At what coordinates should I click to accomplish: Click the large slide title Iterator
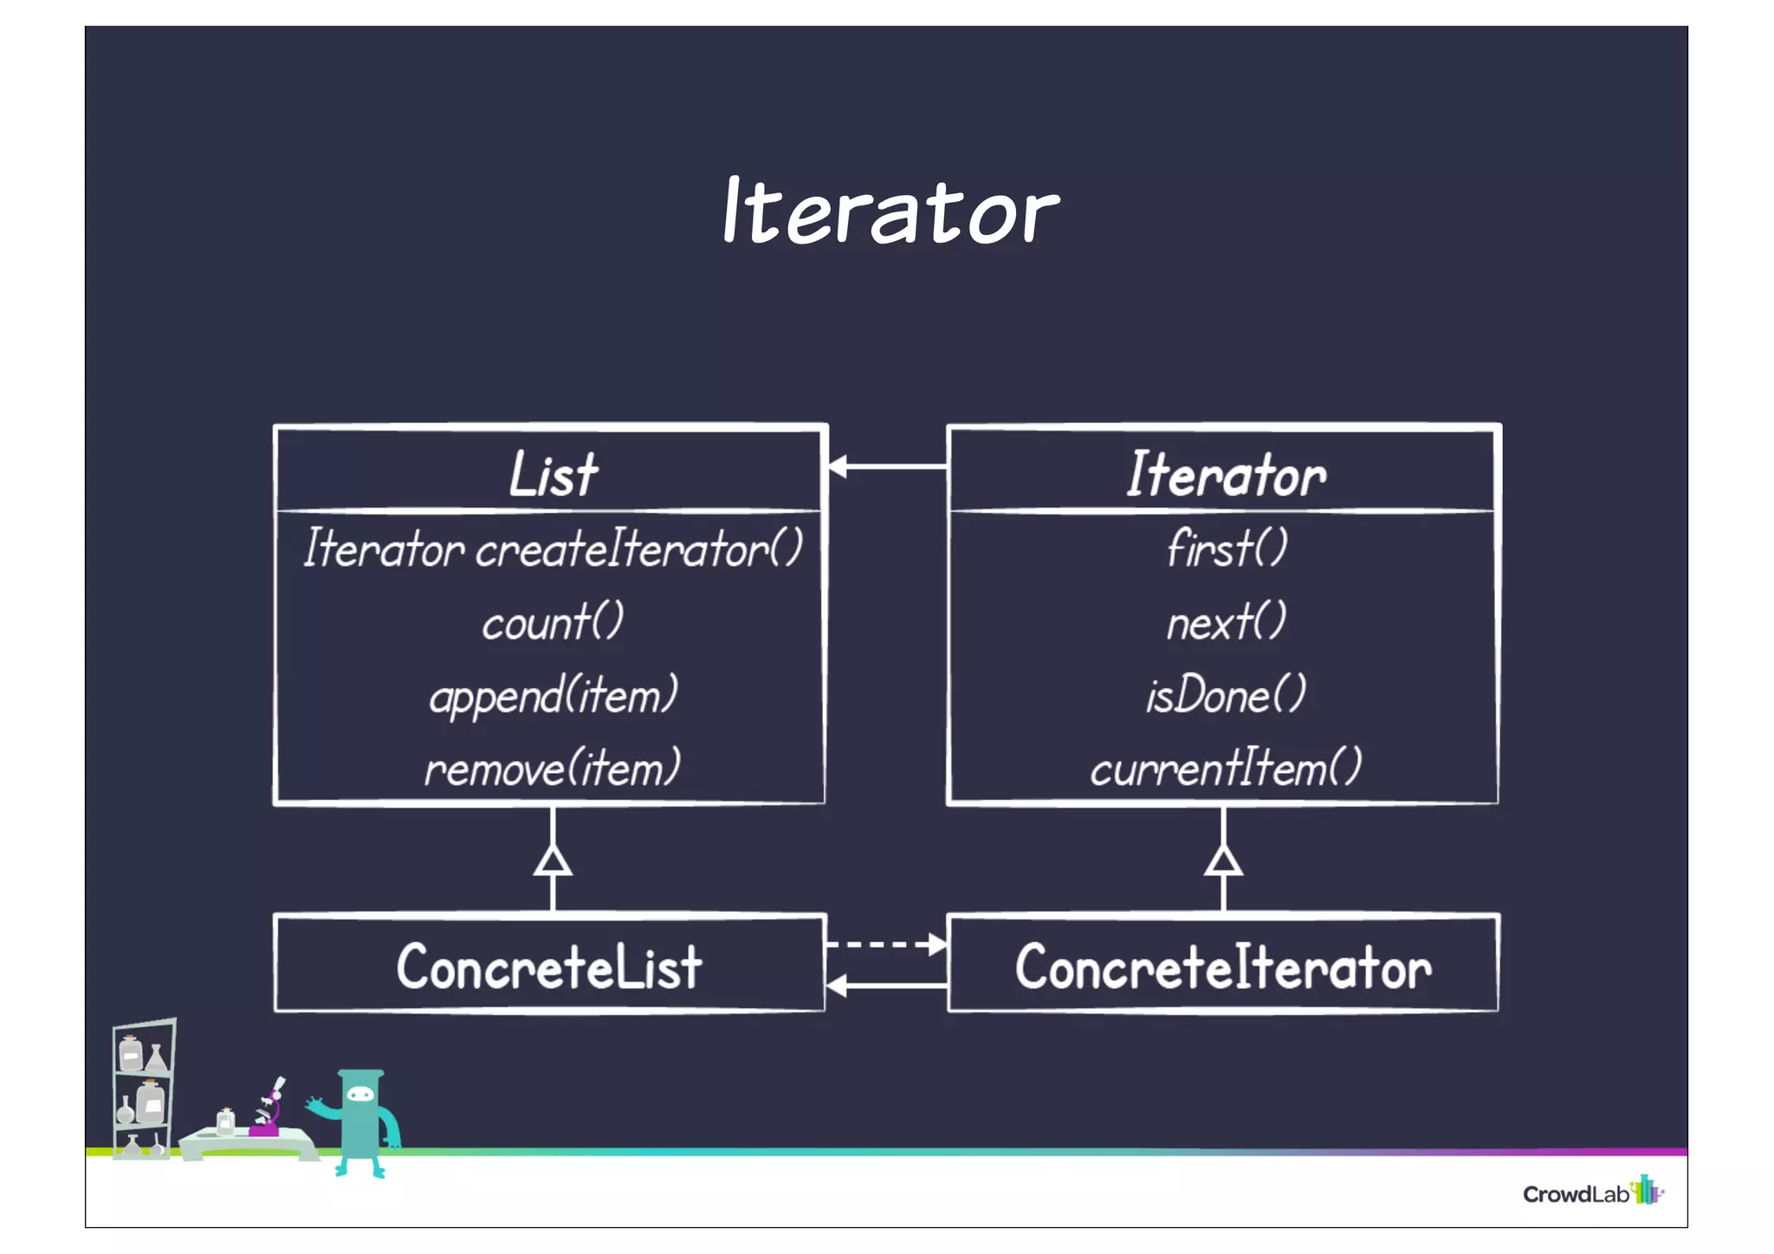click(890, 211)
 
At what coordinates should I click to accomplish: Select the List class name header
click(553, 474)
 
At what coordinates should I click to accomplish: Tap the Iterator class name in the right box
click(1225, 474)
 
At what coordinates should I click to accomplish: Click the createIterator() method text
click(553, 549)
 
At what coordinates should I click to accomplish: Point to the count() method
click(553, 622)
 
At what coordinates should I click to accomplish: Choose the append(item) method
click(553, 695)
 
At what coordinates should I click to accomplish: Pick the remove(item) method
click(553, 769)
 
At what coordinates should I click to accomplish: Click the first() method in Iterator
click(1225, 549)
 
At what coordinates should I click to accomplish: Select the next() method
click(1225, 622)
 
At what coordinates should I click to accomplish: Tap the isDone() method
click(1225, 695)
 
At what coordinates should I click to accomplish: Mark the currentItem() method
click(1225, 769)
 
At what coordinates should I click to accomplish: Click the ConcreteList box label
click(549, 966)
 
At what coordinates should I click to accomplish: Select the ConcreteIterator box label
click(1223, 966)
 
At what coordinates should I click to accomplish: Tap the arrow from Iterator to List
click(887, 466)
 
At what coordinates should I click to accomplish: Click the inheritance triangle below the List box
click(553, 861)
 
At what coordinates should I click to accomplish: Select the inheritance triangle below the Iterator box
click(1223, 861)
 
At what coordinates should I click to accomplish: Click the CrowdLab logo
click(1592, 1192)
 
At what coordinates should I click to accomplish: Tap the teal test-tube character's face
click(360, 1095)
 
